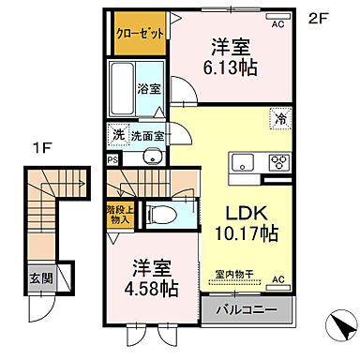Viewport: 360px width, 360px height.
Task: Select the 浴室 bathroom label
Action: point(149,91)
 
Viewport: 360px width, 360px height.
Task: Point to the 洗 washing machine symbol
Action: point(118,135)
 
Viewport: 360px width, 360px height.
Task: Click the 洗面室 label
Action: point(146,135)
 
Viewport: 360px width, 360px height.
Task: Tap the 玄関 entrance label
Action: point(40,279)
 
